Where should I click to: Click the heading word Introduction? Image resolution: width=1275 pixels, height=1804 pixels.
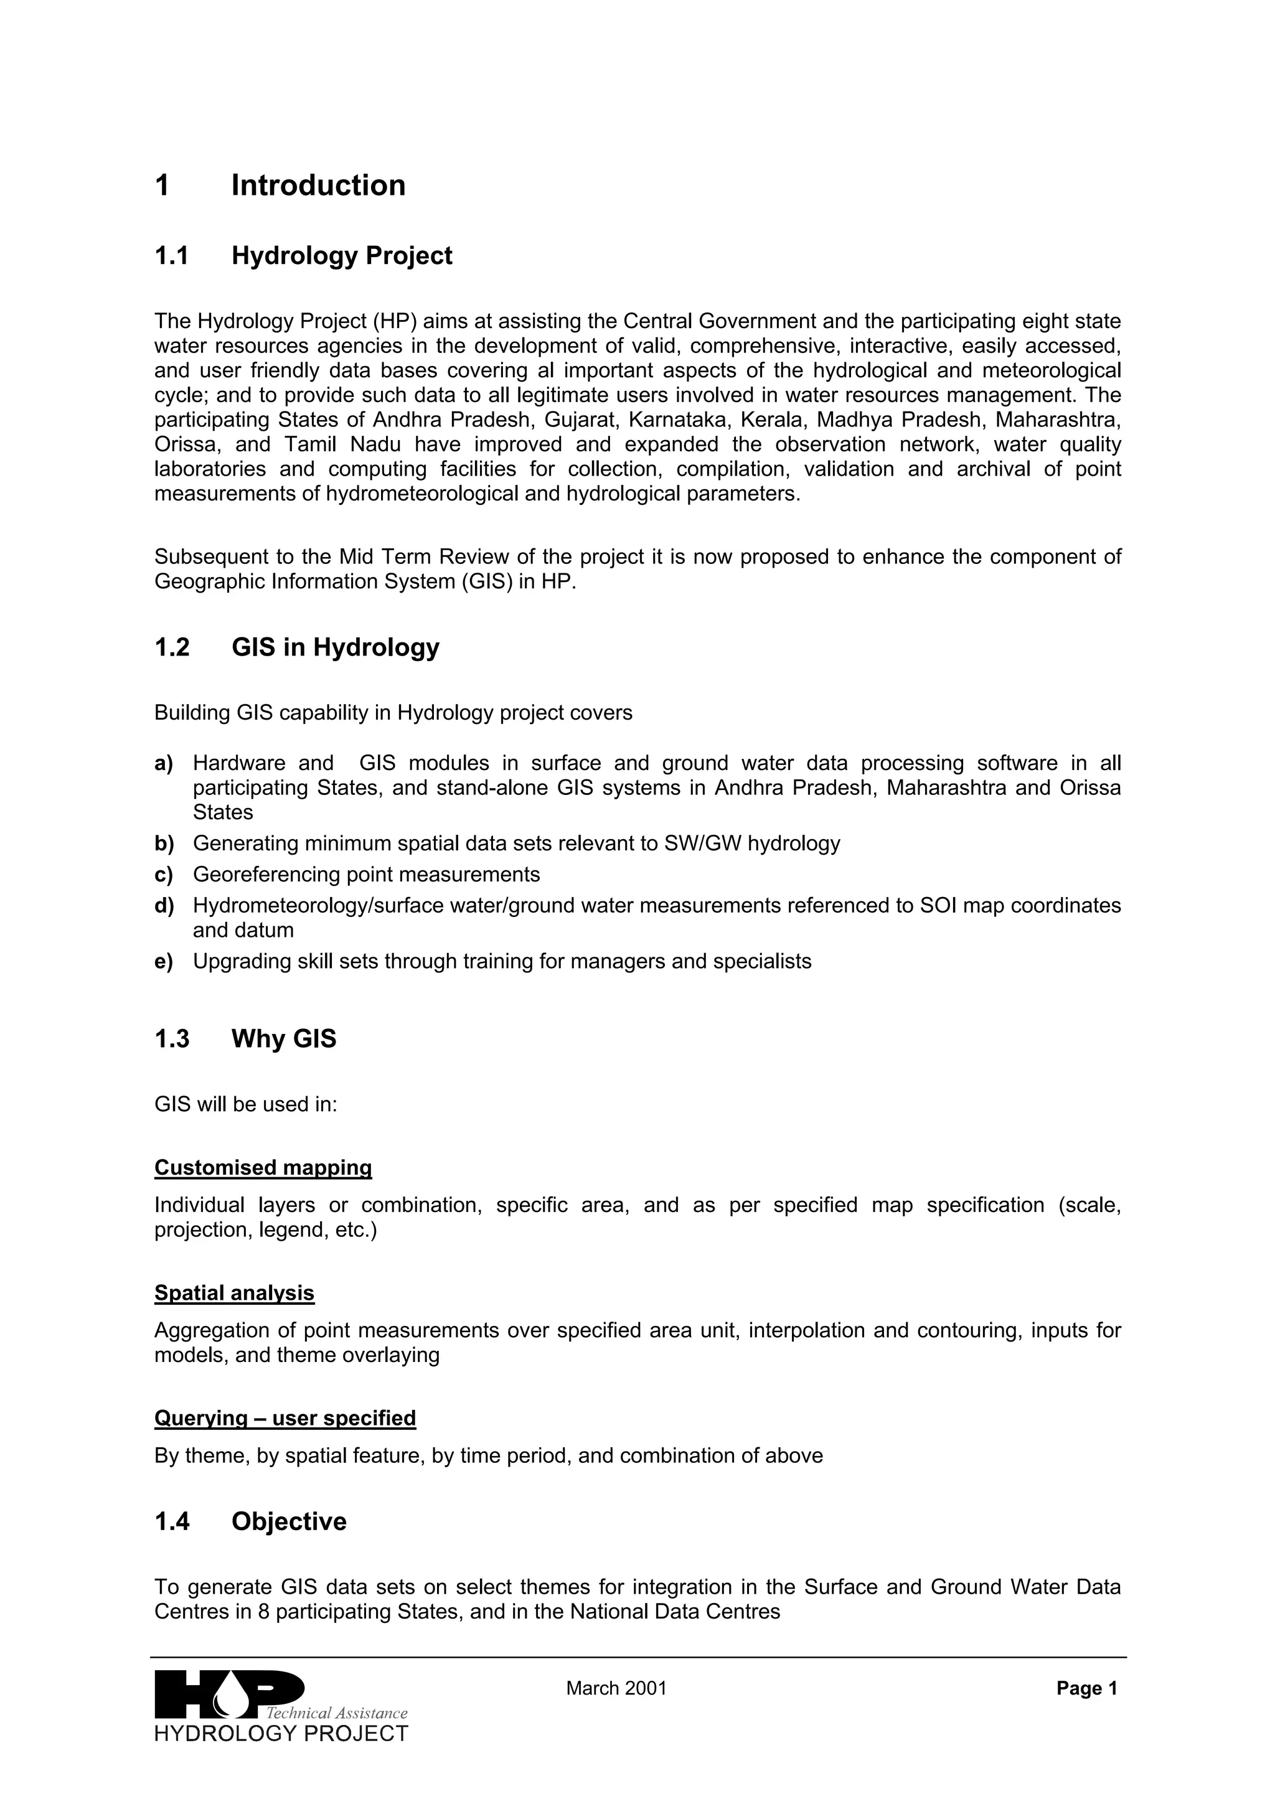(318, 186)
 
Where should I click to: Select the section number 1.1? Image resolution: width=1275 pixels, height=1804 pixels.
(171, 256)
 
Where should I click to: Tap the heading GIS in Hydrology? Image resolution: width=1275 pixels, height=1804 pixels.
(335, 647)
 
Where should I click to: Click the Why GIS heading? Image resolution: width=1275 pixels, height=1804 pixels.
(284, 1039)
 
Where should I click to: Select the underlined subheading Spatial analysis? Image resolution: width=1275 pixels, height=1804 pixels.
(234, 1294)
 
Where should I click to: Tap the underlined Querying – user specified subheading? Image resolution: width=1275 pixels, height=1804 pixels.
(285, 1418)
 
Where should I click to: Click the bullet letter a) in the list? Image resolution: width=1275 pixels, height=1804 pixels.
(163, 763)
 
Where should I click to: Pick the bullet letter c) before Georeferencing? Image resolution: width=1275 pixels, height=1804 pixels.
(163, 875)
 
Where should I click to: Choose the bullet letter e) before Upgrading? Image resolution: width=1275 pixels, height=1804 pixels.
(163, 962)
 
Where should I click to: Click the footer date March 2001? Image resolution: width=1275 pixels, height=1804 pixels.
(616, 1688)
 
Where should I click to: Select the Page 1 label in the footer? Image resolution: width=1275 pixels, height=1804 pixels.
(1086, 1688)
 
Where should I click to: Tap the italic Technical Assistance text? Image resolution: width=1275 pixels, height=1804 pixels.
(336, 1713)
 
